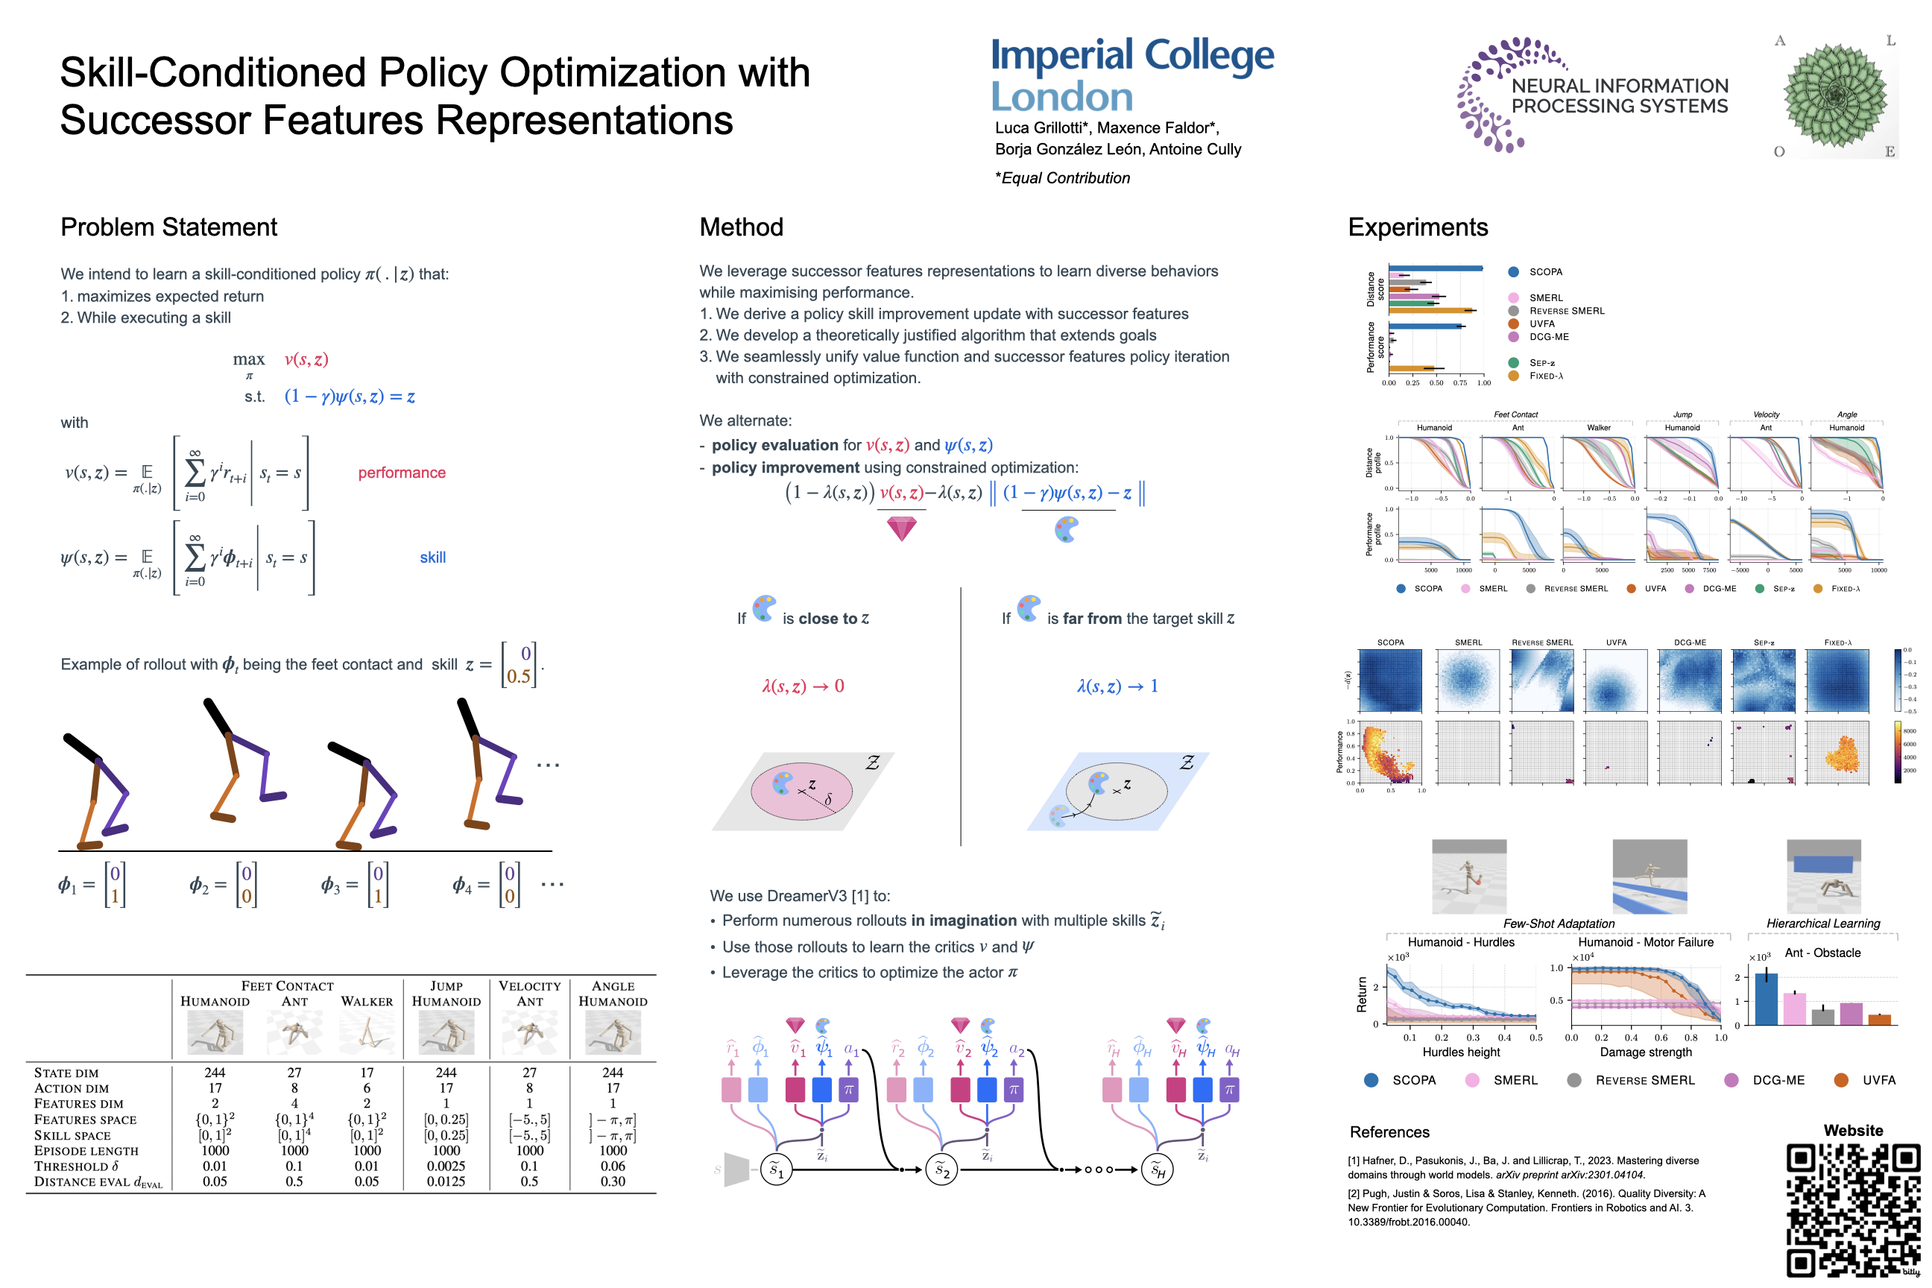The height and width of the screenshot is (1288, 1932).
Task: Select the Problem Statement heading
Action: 168,227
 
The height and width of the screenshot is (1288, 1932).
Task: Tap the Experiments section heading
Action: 1417,227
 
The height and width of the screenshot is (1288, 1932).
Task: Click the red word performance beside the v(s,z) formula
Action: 402,473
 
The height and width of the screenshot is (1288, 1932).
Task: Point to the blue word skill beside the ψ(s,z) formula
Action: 432,557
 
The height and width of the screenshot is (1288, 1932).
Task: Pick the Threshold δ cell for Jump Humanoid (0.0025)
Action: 445,1166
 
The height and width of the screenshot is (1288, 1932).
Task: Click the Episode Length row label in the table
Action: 86,1151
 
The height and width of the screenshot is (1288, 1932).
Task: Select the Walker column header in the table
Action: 367,1001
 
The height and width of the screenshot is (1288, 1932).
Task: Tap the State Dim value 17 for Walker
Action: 367,1073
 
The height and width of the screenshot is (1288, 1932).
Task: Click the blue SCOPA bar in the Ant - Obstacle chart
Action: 1765,998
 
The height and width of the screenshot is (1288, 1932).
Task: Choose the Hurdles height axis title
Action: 1460,1052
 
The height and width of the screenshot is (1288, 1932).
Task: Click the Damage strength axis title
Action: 1645,1052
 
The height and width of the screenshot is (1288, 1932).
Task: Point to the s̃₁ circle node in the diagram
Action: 775,1169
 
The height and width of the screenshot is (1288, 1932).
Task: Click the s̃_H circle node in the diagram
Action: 1157,1169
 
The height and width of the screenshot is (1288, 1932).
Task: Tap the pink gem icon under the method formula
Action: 901,528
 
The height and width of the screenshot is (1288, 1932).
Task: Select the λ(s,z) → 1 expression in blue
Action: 1117,686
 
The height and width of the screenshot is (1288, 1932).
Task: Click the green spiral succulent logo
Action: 1835,96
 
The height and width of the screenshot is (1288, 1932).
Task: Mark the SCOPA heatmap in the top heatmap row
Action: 1390,680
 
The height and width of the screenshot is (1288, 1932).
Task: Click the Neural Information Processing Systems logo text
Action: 1619,96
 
